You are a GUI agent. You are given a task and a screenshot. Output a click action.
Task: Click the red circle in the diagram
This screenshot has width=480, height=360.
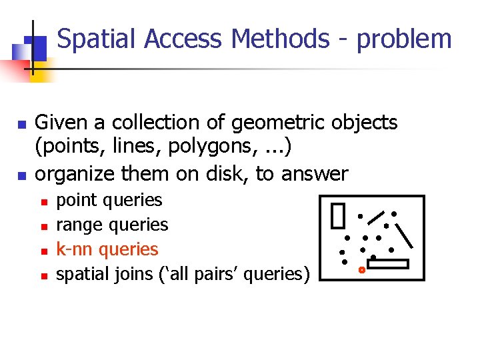[x=361, y=270]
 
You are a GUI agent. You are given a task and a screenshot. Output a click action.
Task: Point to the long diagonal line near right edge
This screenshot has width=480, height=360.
[x=407, y=235]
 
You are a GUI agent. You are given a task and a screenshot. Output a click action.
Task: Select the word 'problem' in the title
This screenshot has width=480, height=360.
[x=405, y=39]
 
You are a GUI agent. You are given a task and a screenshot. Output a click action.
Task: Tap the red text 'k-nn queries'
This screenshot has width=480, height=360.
[x=107, y=249]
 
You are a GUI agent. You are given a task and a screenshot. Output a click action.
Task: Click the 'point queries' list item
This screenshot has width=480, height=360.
[x=109, y=200]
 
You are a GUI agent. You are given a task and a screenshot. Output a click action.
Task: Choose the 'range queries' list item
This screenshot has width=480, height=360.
[x=112, y=225]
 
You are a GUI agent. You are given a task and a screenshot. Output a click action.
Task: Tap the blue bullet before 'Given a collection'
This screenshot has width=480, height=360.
[x=21, y=125]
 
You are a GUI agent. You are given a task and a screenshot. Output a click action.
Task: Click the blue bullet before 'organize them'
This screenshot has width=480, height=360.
[x=21, y=176]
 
